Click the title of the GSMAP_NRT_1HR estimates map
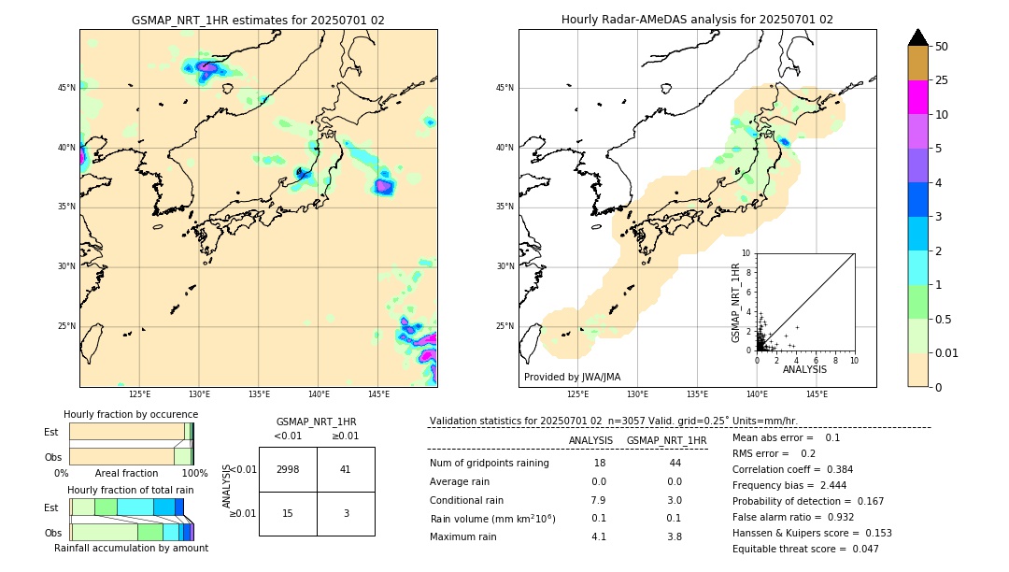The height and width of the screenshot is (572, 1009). coord(258,20)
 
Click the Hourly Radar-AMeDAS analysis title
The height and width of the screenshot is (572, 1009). coord(697,20)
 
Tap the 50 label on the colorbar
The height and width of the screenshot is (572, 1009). coord(942,47)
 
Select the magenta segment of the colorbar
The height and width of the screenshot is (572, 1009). coord(917,97)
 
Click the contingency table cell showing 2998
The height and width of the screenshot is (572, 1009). coord(288,469)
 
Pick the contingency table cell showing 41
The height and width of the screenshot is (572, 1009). coord(346,469)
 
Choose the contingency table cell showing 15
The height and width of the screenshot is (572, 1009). coord(288,513)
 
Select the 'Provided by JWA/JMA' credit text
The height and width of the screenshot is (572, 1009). coord(572,377)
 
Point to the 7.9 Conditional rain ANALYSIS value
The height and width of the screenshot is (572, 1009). coord(598,500)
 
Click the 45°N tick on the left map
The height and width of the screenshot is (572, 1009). coord(66,88)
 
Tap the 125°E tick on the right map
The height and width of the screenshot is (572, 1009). coord(578,394)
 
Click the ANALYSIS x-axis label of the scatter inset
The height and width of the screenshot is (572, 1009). coord(804,369)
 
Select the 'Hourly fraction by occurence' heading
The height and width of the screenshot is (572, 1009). coord(131,414)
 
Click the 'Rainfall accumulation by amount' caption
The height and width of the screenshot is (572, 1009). coord(131,548)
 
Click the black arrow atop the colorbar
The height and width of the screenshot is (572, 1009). coord(917,37)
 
